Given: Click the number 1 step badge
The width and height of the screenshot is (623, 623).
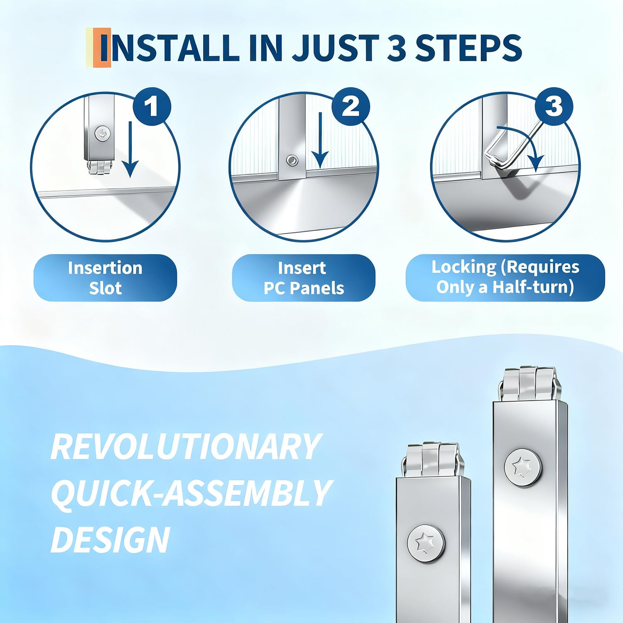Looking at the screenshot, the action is coord(152,106).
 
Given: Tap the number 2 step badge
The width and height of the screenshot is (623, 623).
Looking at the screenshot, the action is coord(351,106).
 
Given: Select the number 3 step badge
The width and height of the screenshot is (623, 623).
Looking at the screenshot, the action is coord(554,106).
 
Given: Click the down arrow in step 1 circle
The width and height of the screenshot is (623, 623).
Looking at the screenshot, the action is coord(130,150).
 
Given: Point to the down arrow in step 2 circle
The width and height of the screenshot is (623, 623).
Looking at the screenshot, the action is coord(320,141).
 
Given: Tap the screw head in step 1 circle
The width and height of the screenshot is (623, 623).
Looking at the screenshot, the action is coord(102,134).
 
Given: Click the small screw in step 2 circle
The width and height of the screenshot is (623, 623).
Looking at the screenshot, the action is coord(292,160).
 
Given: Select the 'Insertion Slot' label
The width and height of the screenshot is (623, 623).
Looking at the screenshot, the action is coord(105,278).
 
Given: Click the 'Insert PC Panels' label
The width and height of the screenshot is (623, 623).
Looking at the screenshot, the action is coord(304,278).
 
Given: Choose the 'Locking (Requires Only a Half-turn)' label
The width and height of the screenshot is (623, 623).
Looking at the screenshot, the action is coord(505,278).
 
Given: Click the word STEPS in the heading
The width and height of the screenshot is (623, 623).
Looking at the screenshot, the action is coord(468,47).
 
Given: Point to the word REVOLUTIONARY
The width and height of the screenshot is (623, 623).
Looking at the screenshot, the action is coord(186,447).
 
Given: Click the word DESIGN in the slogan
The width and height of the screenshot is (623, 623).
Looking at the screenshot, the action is coord(110,540).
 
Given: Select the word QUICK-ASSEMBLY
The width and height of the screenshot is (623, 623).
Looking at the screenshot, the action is coord(191,493).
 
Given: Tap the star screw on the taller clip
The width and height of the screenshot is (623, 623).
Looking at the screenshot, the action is coord(523,467).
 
